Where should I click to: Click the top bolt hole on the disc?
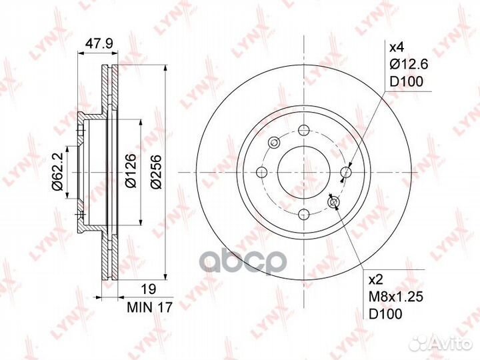pos(303,129)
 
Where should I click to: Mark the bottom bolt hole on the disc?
pos(303,215)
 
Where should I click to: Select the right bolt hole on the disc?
pos(345,173)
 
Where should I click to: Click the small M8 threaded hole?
pos(333,202)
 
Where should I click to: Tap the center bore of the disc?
pos(303,172)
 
